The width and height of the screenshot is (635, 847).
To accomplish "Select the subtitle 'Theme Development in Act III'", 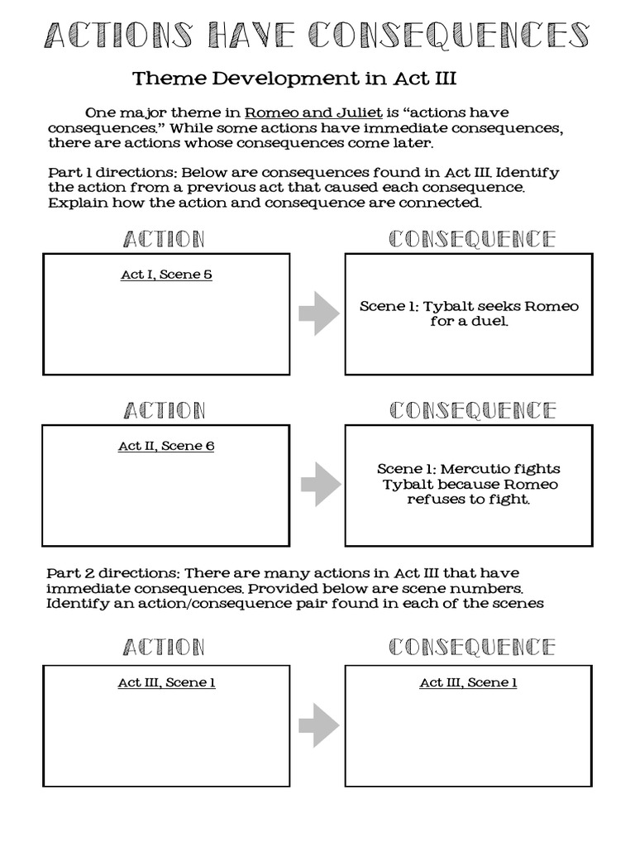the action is click(x=294, y=79).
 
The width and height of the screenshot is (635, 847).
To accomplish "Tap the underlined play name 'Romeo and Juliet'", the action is click(x=302, y=113).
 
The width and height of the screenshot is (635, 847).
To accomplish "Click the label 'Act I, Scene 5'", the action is click(x=166, y=275).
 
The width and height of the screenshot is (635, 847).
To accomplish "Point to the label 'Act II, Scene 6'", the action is click(x=166, y=446).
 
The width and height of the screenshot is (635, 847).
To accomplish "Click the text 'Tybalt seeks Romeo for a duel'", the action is click(x=469, y=313).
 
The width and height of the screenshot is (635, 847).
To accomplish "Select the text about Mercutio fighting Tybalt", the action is click(x=469, y=484).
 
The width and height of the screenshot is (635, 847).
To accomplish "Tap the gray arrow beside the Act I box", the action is click(x=318, y=314).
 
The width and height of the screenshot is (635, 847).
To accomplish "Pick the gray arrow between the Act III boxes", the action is click(x=318, y=727).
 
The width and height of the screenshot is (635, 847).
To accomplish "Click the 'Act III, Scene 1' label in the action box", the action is click(x=166, y=682).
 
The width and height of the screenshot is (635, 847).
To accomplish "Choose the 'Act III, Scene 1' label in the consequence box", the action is click(x=468, y=682).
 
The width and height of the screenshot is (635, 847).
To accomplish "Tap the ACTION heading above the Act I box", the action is click(x=164, y=240).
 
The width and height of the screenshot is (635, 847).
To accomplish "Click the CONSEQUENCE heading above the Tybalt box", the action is click(x=471, y=240).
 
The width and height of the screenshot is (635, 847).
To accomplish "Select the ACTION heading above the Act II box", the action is click(x=164, y=410).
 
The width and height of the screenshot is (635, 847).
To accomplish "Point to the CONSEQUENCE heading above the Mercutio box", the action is click(x=471, y=410).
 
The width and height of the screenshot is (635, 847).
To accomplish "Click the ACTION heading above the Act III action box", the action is click(x=164, y=647).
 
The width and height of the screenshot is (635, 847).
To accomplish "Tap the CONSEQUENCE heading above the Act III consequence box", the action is click(x=471, y=647).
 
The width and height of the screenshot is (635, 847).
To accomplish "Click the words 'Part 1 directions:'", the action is click(x=111, y=173).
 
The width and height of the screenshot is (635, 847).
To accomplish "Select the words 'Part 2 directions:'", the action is click(x=112, y=573).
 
